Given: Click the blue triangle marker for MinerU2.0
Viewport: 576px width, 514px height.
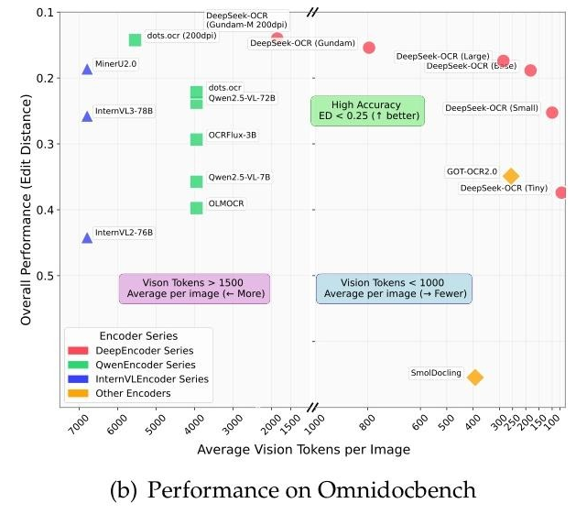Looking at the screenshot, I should [x=87, y=69].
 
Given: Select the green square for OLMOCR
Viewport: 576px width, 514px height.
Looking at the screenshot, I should [x=196, y=208].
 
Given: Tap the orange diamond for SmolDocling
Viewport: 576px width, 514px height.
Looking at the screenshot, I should [x=474, y=377].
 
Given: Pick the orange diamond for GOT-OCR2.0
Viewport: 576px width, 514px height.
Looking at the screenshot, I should [x=511, y=176].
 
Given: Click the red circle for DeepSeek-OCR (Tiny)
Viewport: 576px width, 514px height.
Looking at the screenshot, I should [x=561, y=192].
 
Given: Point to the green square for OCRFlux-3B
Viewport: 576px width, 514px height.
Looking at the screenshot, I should [x=196, y=139].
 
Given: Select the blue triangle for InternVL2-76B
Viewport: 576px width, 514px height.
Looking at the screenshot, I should [x=87, y=237].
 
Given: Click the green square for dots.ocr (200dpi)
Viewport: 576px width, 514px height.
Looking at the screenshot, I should [x=135, y=39].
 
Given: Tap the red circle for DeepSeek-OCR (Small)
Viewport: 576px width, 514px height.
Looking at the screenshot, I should [x=552, y=112].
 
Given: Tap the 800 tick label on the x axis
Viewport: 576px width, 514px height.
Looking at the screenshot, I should [x=368, y=424].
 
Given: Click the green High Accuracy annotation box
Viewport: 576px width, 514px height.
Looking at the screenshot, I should [x=367, y=111].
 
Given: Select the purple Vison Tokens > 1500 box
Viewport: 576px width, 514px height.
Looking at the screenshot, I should [x=194, y=289].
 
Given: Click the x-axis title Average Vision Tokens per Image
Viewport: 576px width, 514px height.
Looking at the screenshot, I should [x=303, y=450].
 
